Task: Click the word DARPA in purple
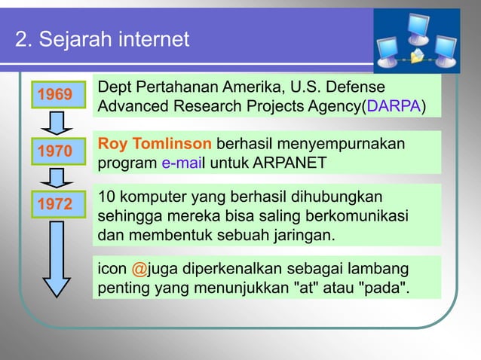click(392, 107)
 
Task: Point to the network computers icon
click(417, 41)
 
